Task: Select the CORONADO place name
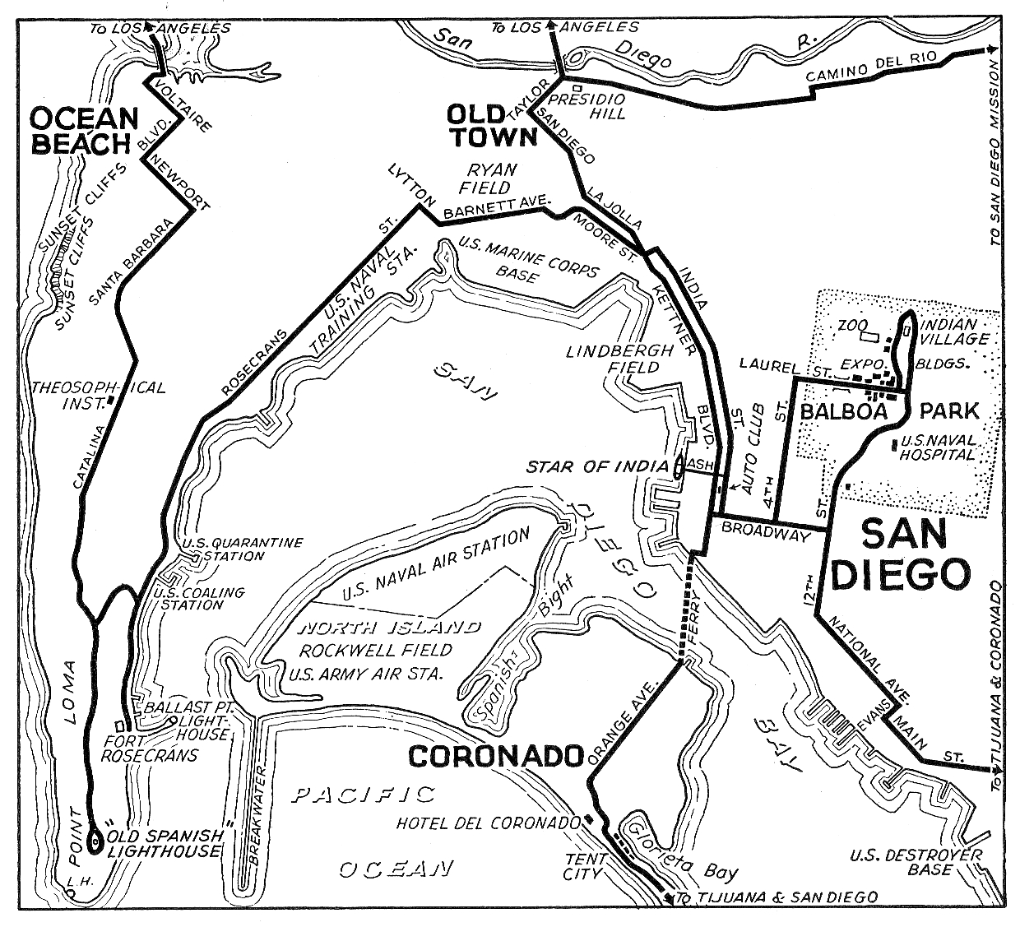pos(495,756)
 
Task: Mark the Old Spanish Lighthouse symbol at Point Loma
pos(95,841)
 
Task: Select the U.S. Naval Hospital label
pos(938,447)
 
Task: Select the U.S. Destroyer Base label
pos(916,863)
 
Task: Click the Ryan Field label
pos(492,178)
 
